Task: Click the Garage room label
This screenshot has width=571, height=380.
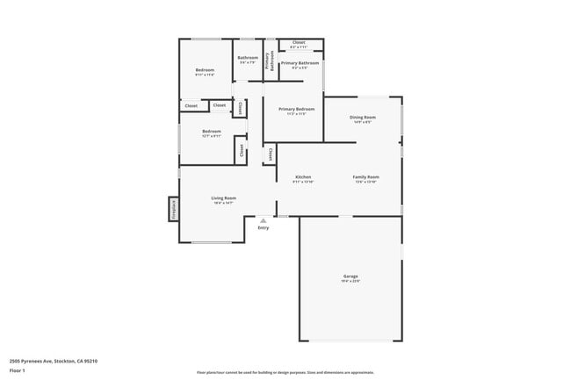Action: [351, 276]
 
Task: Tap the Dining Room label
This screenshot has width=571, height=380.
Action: [364, 117]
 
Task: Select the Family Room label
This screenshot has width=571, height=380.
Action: [365, 177]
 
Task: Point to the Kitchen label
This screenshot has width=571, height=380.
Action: [303, 177]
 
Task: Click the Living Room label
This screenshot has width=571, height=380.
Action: [223, 197]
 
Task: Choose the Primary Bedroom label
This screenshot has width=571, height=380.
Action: [297, 109]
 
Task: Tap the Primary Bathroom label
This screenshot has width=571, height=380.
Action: [300, 63]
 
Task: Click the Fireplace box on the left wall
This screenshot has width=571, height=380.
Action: [174, 210]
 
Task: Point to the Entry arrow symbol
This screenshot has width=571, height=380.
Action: [262, 219]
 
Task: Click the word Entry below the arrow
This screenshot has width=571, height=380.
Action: [263, 228]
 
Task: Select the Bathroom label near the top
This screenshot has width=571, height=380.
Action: [247, 58]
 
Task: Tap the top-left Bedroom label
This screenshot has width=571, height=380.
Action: [205, 69]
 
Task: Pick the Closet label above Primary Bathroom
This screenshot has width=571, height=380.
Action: [299, 42]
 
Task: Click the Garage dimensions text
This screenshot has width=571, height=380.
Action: [351, 281]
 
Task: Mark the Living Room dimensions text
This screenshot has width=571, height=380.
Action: [223, 203]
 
